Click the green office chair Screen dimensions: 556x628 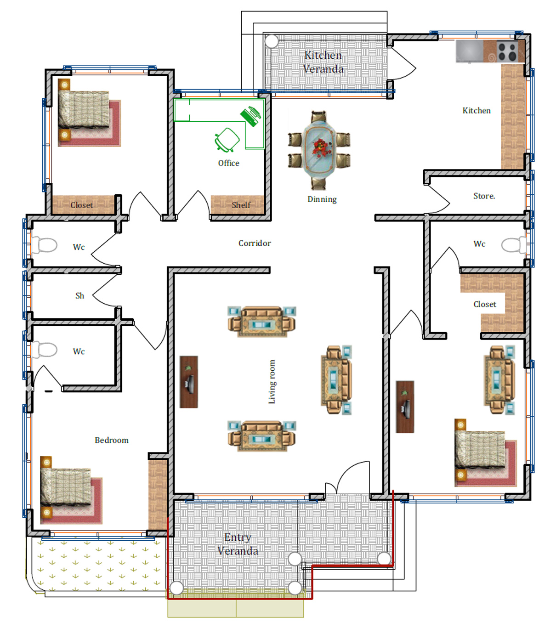(227, 140)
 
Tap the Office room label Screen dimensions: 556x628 (228, 163)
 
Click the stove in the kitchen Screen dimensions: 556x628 (507, 51)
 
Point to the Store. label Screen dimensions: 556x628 (484, 196)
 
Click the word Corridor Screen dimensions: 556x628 (254, 243)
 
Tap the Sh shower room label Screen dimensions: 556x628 (79, 295)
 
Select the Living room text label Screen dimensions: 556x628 (272, 382)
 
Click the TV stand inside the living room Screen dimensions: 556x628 (188, 382)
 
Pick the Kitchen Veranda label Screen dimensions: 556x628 (323, 62)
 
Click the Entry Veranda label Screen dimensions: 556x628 (238, 544)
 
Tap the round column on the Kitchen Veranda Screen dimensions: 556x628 (272, 41)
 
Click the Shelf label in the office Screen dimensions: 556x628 (241, 205)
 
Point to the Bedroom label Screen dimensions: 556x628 (111, 440)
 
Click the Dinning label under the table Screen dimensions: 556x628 (322, 199)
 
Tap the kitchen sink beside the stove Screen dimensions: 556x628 (470, 51)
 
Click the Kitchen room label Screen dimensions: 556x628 (477, 111)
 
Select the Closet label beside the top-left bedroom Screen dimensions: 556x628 (81, 205)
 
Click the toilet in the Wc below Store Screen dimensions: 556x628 (514, 244)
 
